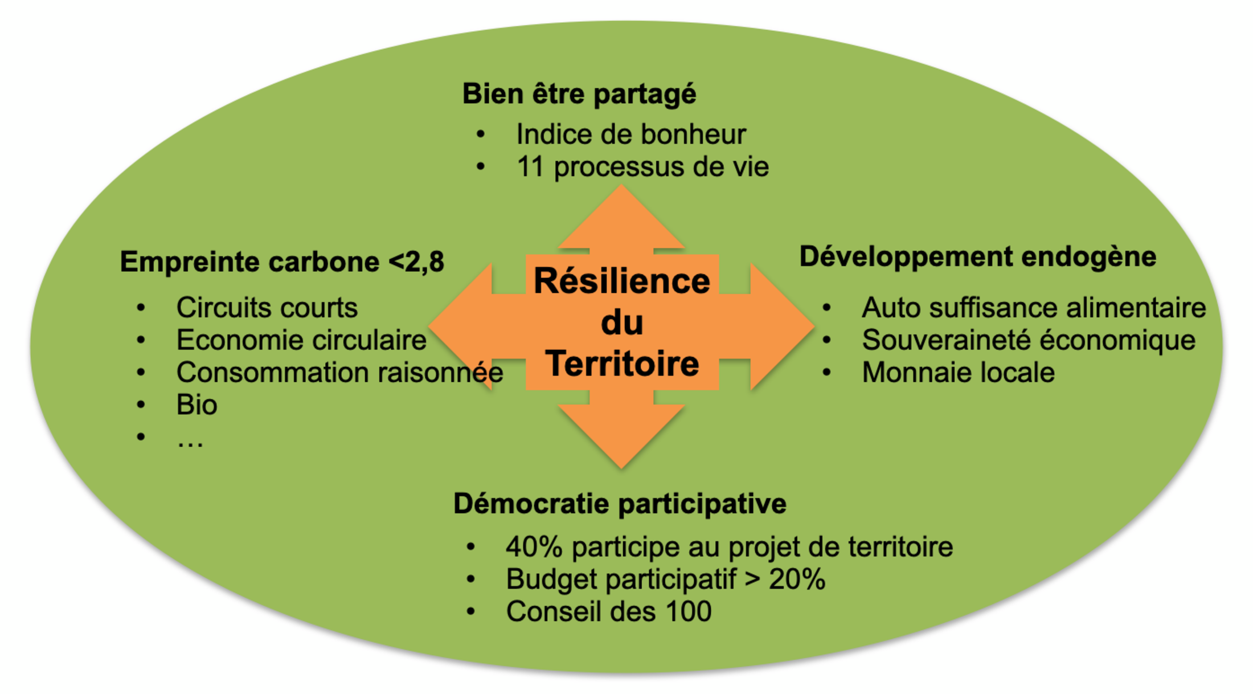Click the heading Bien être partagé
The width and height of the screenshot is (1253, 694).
click(x=579, y=94)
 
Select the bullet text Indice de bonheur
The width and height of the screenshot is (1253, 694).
click(x=630, y=135)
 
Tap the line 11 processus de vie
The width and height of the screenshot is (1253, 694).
click(x=642, y=168)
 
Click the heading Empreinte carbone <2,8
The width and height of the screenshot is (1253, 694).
click(x=282, y=262)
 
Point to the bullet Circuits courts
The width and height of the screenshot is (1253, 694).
click(x=267, y=308)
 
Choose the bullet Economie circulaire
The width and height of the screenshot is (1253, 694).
click(x=301, y=341)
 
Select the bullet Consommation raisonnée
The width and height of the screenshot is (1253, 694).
click(x=339, y=373)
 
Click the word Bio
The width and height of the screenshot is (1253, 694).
click(x=196, y=405)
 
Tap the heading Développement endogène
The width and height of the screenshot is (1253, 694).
click(x=977, y=257)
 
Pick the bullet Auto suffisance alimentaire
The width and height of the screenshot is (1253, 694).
click(x=1033, y=308)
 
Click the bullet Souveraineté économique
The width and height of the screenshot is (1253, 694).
click(x=1028, y=341)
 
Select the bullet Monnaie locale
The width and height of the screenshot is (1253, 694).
click(x=958, y=373)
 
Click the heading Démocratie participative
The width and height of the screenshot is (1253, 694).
click(x=620, y=504)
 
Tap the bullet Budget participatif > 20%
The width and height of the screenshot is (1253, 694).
click(x=665, y=579)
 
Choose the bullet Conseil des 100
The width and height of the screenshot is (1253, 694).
click(x=608, y=612)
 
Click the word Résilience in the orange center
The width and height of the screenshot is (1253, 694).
click(x=622, y=281)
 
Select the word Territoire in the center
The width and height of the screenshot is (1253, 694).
click(x=622, y=364)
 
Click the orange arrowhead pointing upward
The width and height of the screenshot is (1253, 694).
click(x=621, y=219)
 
